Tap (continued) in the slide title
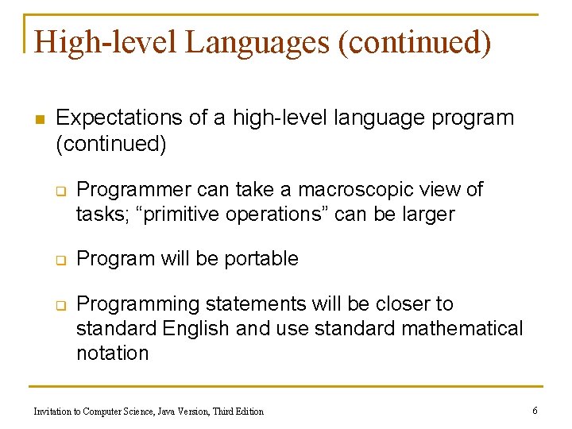tap(415, 43)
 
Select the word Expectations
tap(119, 118)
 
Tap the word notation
tap(112, 354)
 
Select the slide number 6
tap(535, 410)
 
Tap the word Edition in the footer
tap(248, 412)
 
